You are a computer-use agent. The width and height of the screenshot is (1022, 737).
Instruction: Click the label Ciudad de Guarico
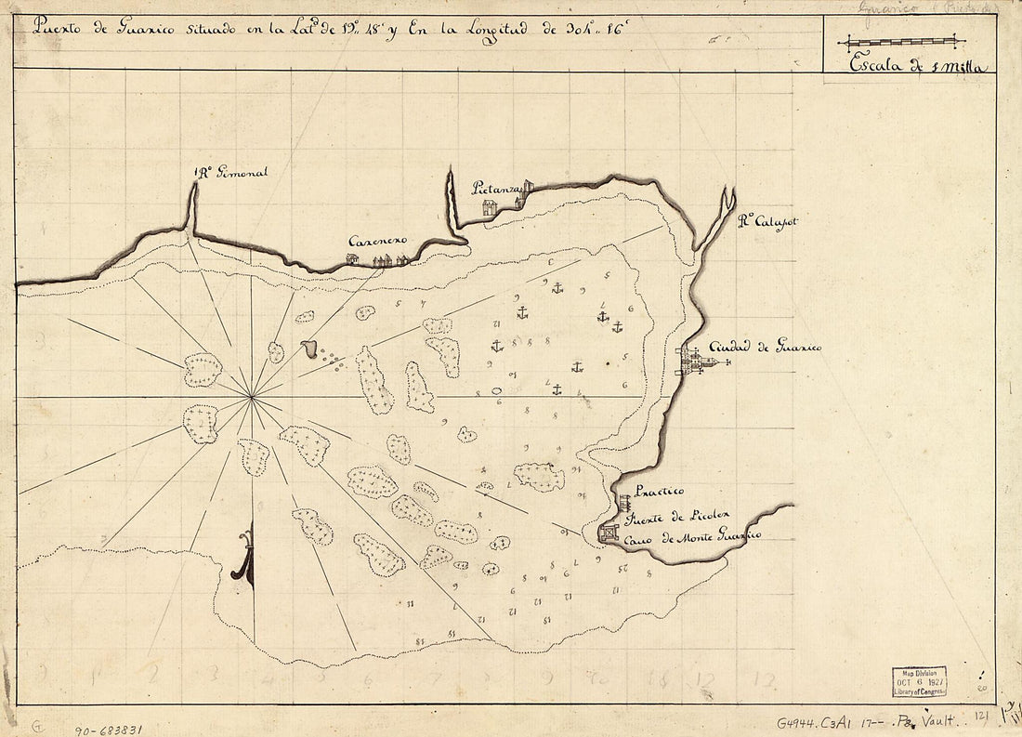click(x=765, y=347)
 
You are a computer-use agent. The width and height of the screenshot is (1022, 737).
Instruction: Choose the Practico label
click(x=659, y=491)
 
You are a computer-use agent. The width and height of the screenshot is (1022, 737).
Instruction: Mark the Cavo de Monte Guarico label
click(x=691, y=536)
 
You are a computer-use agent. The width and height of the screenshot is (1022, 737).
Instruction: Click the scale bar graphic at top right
click(x=901, y=41)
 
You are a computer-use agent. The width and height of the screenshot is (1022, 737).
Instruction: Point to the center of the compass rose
click(x=252, y=398)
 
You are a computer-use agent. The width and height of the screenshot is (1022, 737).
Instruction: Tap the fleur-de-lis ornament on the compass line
click(x=243, y=558)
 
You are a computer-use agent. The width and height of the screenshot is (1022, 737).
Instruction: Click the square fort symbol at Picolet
click(x=609, y=533)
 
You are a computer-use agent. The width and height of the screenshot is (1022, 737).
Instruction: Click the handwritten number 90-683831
click(x=108, y=730)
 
